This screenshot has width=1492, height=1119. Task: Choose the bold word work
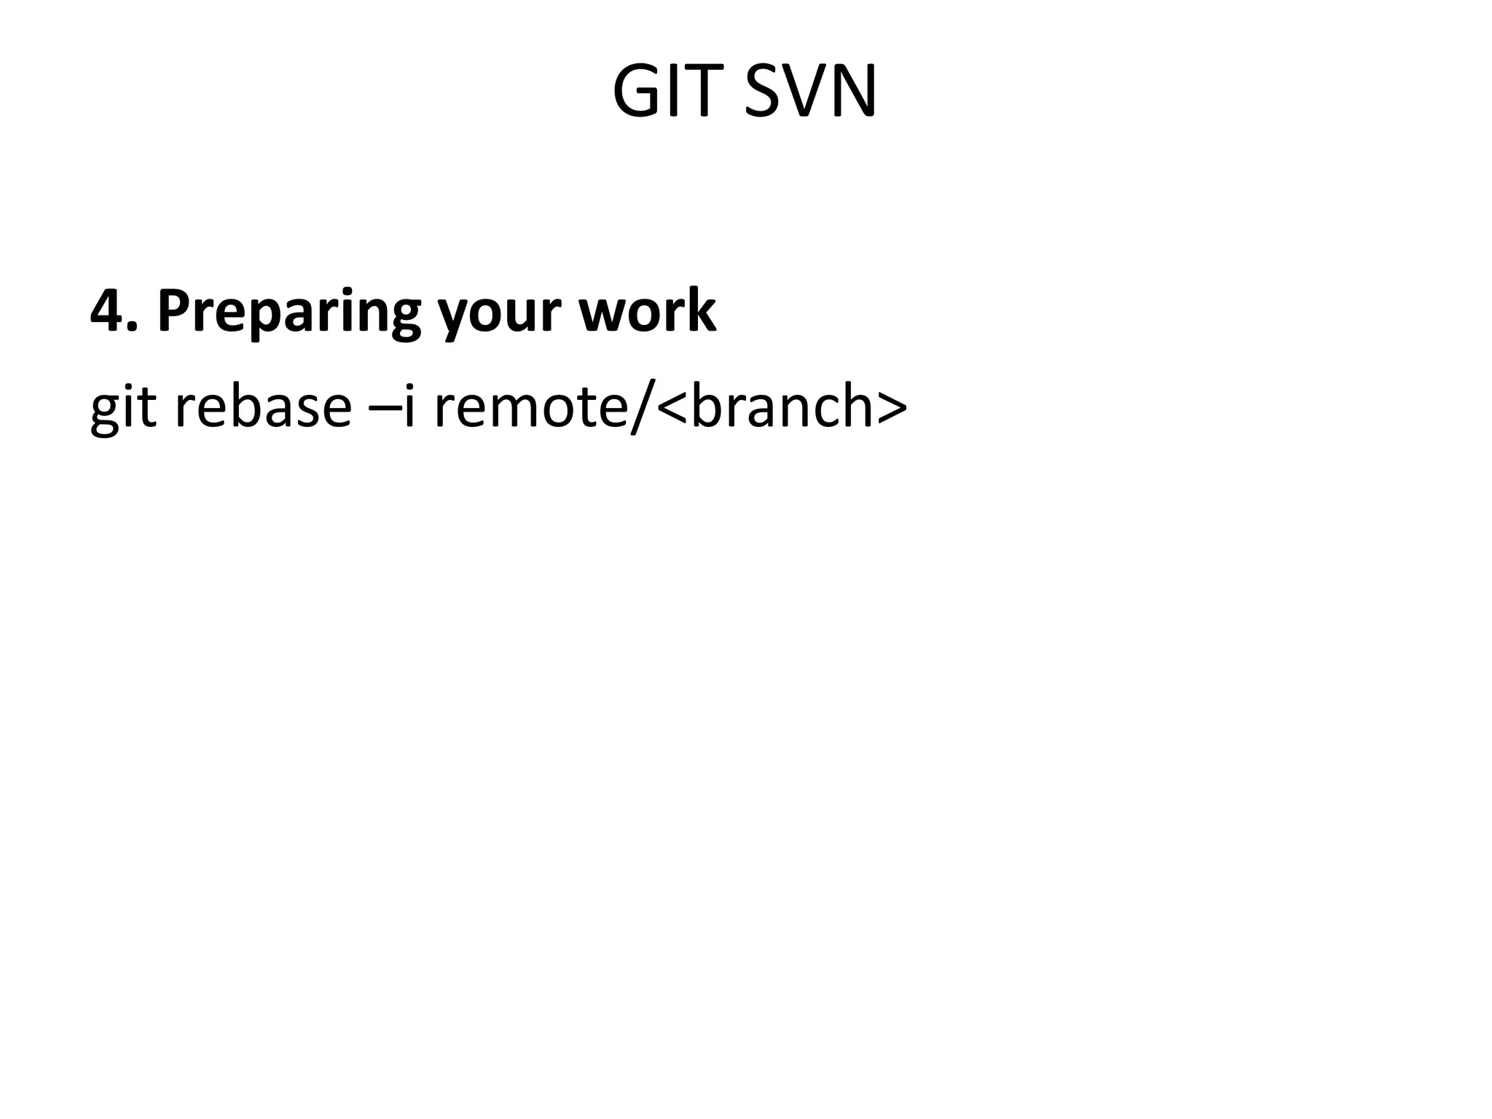tap(648, 311)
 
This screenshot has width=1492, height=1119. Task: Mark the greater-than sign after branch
tap(893, 408)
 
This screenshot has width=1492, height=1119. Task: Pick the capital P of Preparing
tap(175, 311)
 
